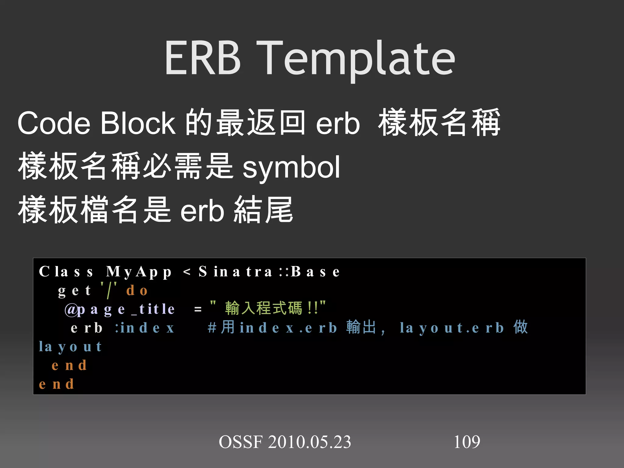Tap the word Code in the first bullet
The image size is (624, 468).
pos(54,123)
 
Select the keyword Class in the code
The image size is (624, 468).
pos(66,271)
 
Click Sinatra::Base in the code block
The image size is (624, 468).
pos(269,271)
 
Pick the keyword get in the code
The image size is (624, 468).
pos(74,291)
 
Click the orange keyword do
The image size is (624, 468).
pos(137,290)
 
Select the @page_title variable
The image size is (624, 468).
pos(120,310)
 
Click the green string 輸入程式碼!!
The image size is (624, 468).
pos(268,308)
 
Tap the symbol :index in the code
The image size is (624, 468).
pos(145,328)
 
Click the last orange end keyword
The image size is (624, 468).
pos(57,384)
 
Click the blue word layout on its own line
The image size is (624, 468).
pos(70,347)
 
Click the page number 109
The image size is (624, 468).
pos(467,442)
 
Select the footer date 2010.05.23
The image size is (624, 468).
pos(309,442)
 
